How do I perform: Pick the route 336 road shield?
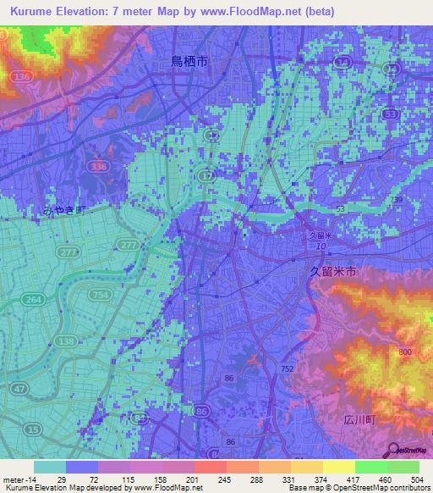(x=99, y=168)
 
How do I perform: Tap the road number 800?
(x=405, y=352)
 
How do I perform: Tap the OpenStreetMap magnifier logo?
(x=393, y=450)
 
